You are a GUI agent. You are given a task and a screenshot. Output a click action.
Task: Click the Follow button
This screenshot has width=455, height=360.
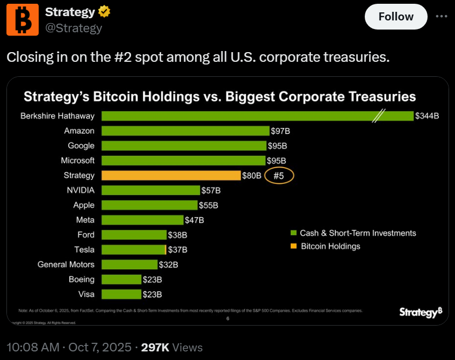(395, 17)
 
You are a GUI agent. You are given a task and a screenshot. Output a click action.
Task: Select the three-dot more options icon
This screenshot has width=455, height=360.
(442, 17)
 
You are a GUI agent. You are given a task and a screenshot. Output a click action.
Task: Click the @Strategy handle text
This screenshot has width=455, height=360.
(74, 28)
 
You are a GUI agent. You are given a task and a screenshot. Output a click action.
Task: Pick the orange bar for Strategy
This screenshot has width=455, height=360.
(171, 175)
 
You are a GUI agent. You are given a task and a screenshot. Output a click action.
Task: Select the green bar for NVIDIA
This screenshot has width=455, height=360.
(150, 190)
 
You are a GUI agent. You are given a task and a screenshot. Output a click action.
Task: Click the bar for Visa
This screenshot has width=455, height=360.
(121, 294)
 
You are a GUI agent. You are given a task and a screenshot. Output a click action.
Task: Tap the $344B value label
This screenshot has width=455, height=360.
(427, 116)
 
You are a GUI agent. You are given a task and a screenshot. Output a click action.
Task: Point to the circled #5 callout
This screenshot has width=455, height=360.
(279, 175)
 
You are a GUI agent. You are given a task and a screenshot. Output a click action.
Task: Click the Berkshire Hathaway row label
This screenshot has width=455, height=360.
(57, 116)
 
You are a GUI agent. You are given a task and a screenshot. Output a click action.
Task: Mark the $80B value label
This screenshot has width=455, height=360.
(251, 175)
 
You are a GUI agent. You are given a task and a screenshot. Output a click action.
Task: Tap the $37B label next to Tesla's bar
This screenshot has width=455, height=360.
(177, 249)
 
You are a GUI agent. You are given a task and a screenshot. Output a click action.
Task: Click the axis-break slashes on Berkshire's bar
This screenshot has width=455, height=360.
(380, 116)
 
